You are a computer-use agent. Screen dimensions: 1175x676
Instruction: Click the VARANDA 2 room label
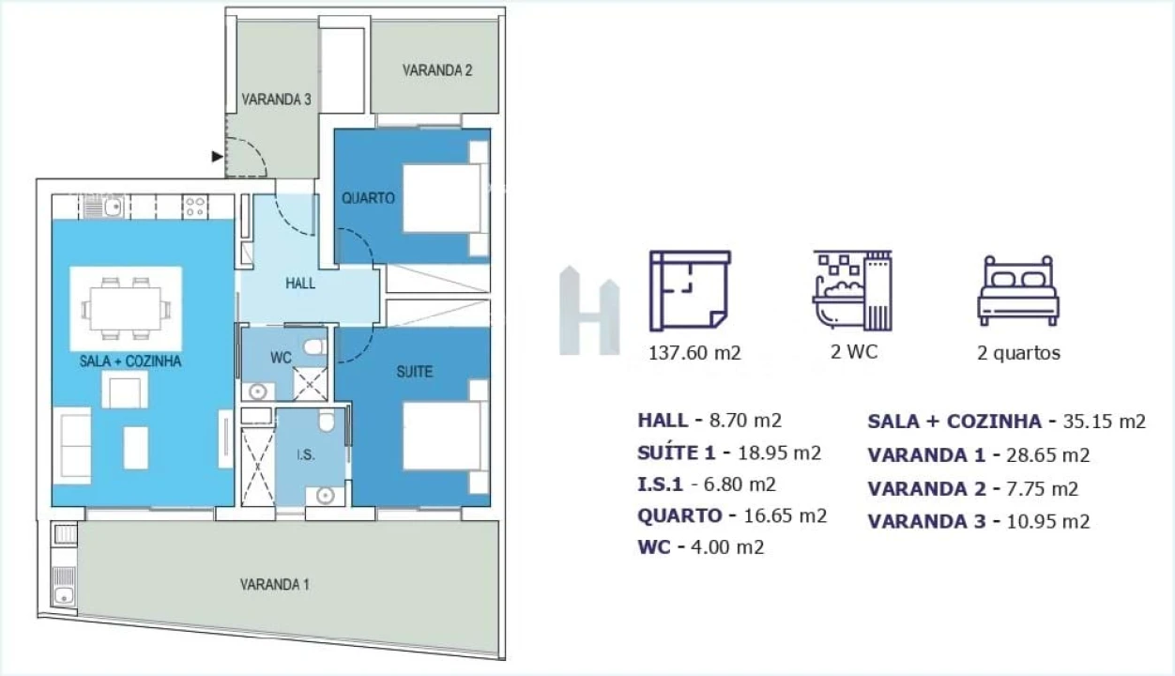pyautogui.click(x=437, y=69)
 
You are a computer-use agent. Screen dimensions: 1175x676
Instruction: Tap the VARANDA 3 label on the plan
pyautogui.click(x=276, y=100)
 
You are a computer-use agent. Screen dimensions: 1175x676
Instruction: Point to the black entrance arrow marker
pyautogui.click(x=217, y=157)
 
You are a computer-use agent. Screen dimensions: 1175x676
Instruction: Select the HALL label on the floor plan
pyautogui.click(x=300, y=284)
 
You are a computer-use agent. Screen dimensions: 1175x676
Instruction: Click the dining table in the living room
pyautogui.click(x=126, y=309)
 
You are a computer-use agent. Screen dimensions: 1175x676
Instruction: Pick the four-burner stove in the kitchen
pyautogui.click(x=195, y=207)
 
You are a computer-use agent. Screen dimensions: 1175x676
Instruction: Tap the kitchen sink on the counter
pyautogui.click(x=114, y=207)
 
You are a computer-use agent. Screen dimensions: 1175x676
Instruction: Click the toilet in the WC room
pyautogui.click(x=314, y=347)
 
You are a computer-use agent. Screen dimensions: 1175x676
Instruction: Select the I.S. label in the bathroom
pyautogui.click(x=306, y=455)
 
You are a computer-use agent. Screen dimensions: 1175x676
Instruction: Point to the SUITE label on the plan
pyautogui.click(x=415, y=372)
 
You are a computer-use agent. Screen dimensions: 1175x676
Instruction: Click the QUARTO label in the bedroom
pyautogui.click(x=368, y=198)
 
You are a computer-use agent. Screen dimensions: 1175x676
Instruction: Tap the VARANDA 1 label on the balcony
pyautogui.click(x=274, y=584)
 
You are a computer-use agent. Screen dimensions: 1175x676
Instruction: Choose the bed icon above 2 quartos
pyautogui.click(x=1018, y=291)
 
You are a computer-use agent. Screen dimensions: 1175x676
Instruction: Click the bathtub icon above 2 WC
pyautogui.click(x=852, y=290)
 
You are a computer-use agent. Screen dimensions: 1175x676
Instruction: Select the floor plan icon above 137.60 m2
pyautogui.click(x=690, y=291)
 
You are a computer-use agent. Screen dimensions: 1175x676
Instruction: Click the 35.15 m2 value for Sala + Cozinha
pyautogui.click(x=1105, y=422)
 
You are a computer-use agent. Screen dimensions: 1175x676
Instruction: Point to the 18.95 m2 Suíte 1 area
pyautogui.click(x=780, y=453)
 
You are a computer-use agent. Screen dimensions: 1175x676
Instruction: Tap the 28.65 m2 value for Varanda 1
pyautogui.click(x=1047, y=455)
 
